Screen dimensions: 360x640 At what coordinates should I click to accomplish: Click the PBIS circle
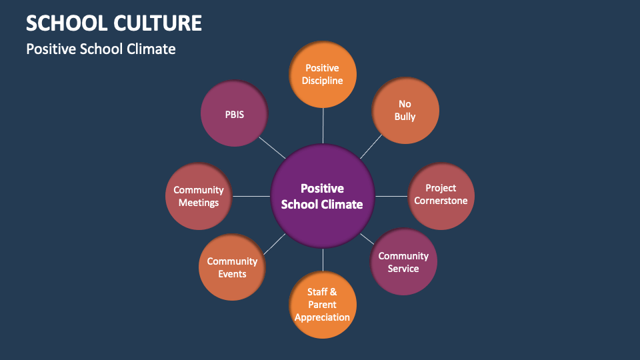point(234,114)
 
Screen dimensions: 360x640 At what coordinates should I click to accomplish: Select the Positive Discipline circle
point(323,74)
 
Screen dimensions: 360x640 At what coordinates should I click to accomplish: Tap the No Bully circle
point(405,110)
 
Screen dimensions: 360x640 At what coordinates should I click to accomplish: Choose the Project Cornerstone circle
point(441,195)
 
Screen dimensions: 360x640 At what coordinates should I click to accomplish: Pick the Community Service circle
point(403,262)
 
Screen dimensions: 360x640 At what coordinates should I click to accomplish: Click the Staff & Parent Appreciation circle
point(323,304)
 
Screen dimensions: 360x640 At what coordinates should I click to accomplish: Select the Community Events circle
point(232,267)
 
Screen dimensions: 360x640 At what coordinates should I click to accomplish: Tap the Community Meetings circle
point(199,196)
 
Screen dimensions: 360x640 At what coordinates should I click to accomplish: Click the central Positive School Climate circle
point(323,197)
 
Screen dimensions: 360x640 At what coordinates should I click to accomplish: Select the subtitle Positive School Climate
point(101,49)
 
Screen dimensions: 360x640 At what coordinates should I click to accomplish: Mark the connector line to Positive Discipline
point(323,125)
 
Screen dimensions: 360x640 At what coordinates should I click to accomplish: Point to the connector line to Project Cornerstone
point(391,196)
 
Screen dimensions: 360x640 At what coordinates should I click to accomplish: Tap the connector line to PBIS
point(271,147)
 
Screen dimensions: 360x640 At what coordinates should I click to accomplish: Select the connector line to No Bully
point(371,147)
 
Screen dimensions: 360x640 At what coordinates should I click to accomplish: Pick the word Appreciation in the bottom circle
point(323,317)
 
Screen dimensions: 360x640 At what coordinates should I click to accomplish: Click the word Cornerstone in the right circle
point(441,201)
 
